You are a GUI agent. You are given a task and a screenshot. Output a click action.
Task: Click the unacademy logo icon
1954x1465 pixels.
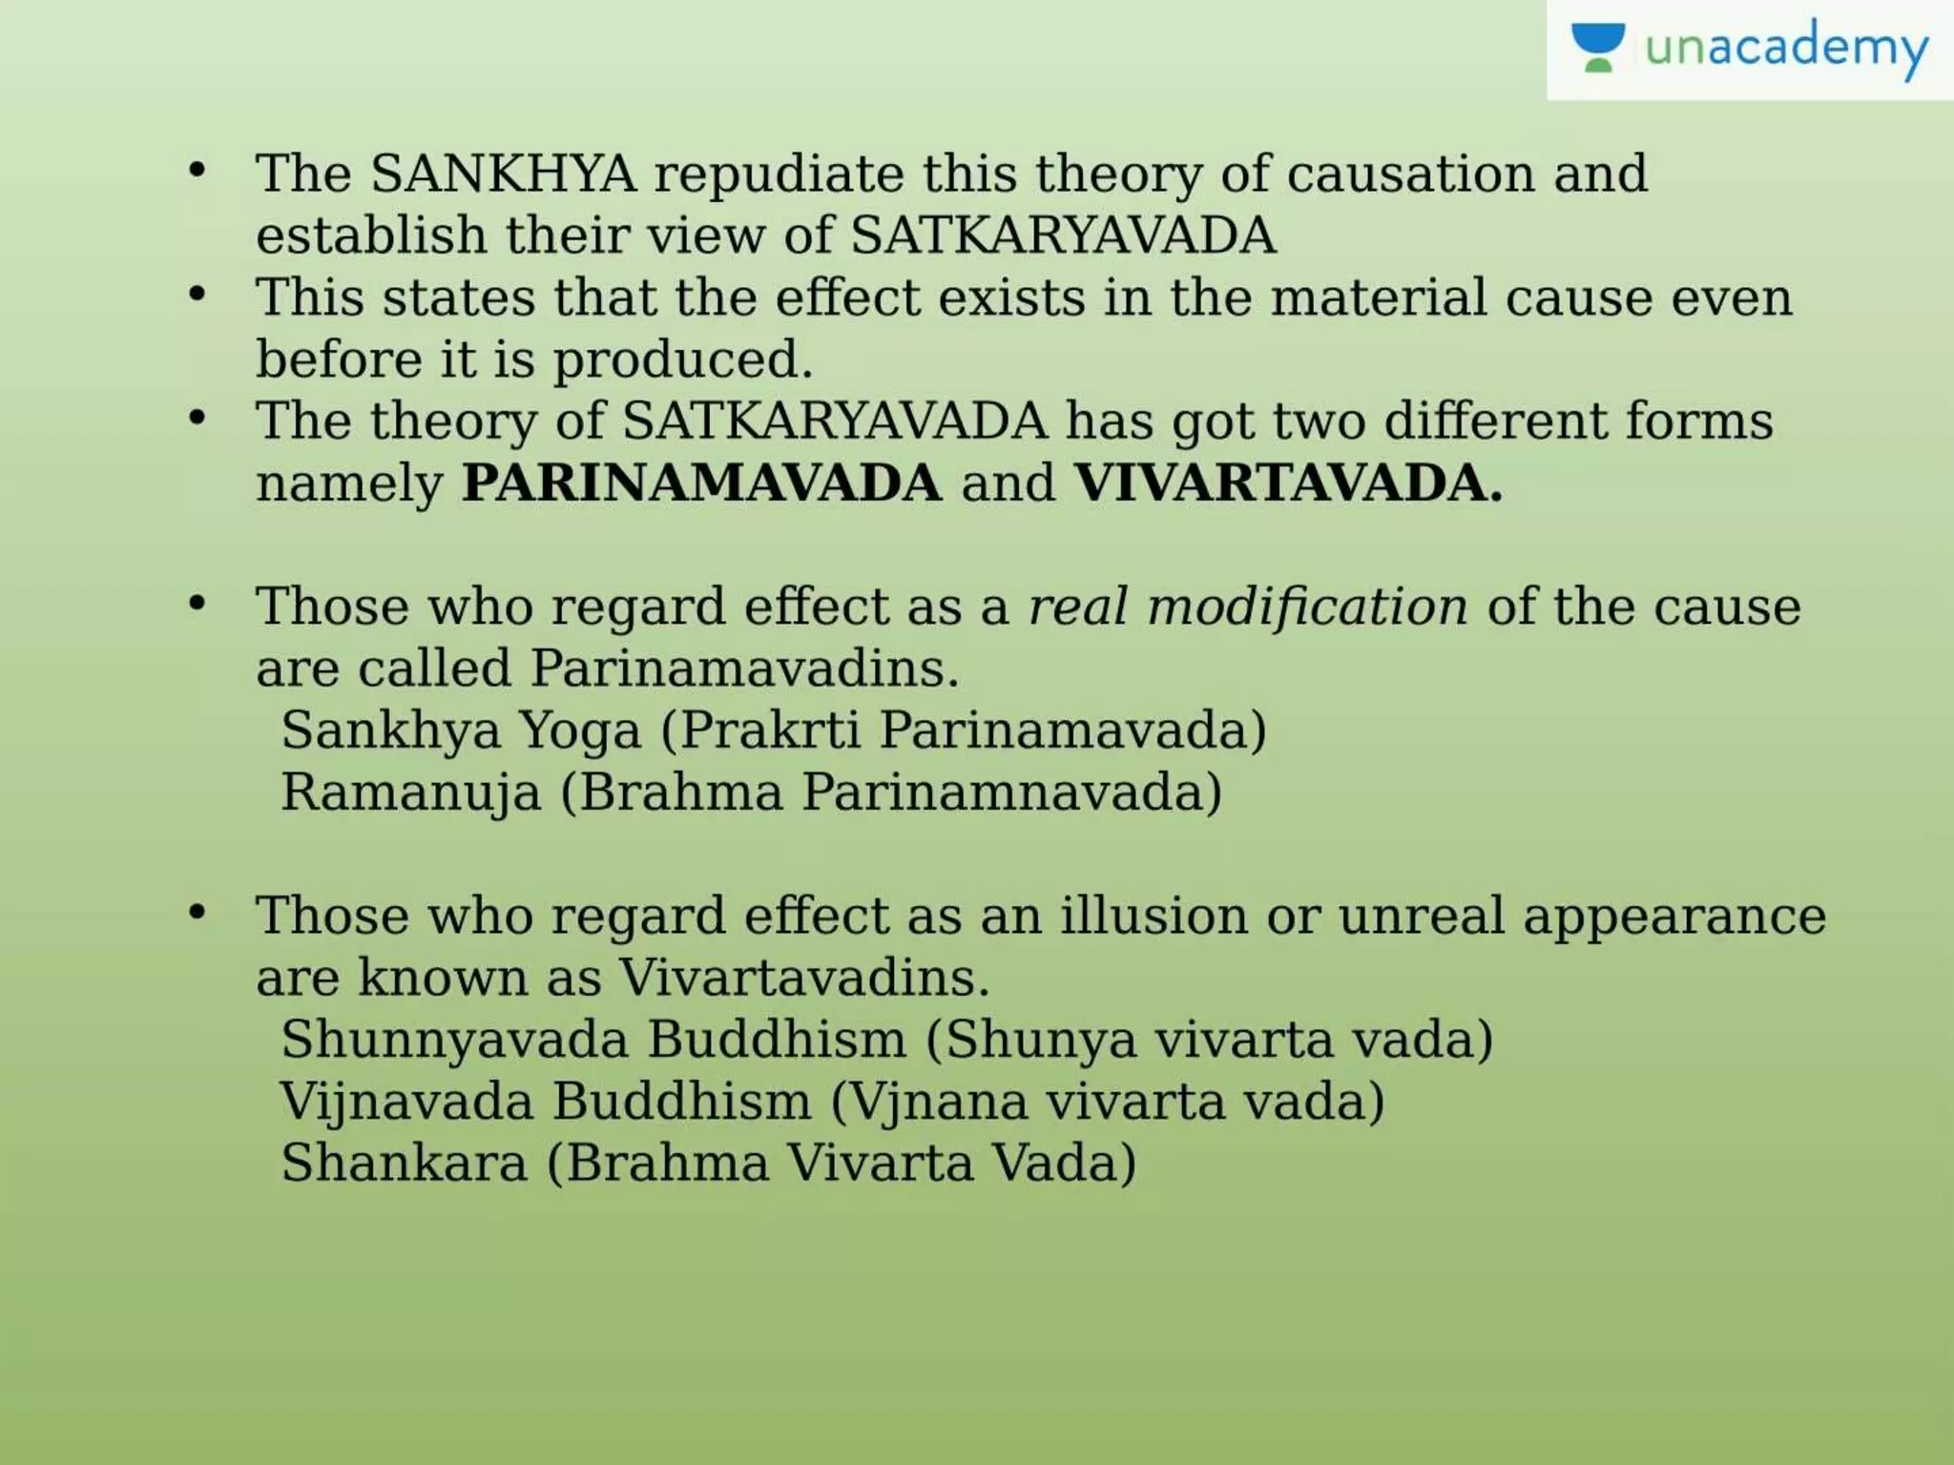point(1597,48)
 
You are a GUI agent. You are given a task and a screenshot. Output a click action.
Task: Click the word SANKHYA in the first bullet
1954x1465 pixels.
point(503,174)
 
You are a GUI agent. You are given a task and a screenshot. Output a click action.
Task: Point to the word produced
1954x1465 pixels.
point(682,361)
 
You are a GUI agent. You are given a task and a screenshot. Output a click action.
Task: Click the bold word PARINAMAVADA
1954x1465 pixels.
point(701,483)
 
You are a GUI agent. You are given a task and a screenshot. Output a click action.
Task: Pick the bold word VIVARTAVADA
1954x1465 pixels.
point(1288,483)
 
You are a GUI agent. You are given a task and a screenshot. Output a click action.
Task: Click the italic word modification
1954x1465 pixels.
point(1307,607)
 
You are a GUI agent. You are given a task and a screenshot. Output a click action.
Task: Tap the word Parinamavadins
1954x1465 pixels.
point(744,668)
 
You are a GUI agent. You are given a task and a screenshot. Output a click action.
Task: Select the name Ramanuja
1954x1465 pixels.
point(410,793)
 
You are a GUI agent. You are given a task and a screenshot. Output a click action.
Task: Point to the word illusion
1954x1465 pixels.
point(1154,916)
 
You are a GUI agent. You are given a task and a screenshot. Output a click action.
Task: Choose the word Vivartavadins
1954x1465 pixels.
point(804,978)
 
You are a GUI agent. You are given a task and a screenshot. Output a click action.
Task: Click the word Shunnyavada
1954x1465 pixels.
point(454,1040)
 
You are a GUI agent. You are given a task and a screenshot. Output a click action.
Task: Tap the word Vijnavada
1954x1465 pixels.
point(405,1102)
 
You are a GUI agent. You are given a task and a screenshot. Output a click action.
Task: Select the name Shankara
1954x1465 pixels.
point(404,1163)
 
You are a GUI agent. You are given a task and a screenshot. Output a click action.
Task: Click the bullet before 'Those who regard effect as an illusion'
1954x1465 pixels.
point(197,912)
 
